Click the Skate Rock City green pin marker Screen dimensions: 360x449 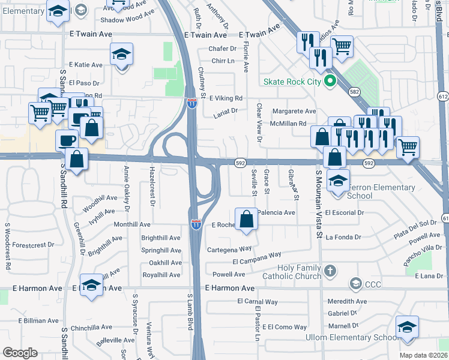(329, 82)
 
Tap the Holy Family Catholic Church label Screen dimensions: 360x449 (292, 272)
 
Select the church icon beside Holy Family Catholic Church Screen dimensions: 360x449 (329, 272)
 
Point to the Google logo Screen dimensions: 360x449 (20, 352)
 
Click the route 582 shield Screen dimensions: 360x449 (355, 91)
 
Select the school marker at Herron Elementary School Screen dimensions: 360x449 (339, 181)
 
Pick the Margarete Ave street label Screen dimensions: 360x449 (294, 112)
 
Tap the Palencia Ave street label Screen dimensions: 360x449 (276, 212)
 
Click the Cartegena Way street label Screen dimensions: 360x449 (229, 248)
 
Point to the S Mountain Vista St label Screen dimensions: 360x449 (319, 204)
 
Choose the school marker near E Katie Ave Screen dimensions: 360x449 (121, 56)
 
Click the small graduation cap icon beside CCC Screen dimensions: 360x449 (355, 283)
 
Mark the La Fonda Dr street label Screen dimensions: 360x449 (343, 237)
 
